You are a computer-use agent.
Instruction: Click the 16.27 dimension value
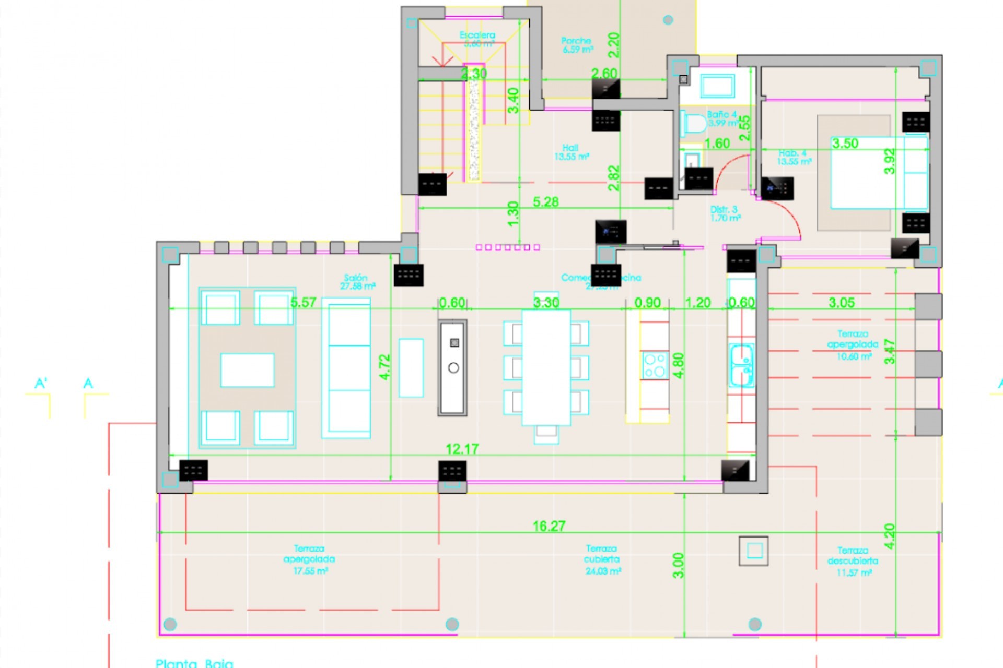549,526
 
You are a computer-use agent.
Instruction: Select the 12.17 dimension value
462,449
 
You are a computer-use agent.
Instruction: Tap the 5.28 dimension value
545,202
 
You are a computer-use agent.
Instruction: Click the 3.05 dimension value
841,303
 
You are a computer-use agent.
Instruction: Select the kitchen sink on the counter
741,365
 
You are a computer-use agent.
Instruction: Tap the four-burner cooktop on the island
655,365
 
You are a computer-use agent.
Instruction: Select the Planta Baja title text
194,663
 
